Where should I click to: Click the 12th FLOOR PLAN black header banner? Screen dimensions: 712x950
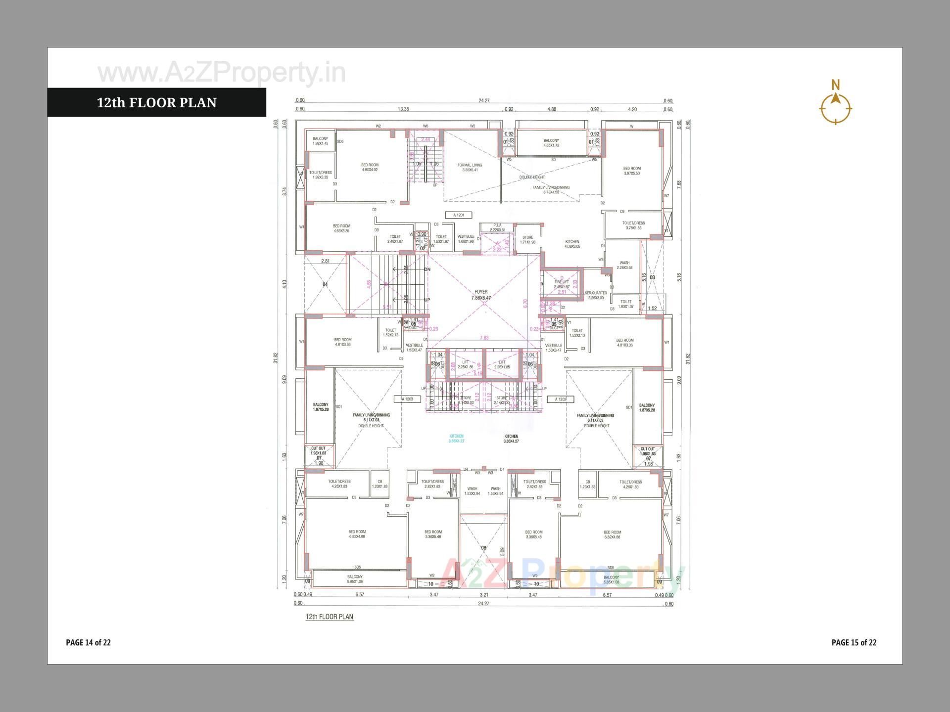[x=156, y=102]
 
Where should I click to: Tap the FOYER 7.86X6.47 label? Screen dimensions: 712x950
[x=480, y=295]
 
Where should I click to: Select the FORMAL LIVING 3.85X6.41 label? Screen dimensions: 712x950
[x=470, y=168]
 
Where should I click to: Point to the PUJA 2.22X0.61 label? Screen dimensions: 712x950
[x=497, y=227]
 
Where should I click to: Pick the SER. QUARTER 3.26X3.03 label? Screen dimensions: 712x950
[x=596, y=295]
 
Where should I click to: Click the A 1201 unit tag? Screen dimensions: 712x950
[x=459, y=215]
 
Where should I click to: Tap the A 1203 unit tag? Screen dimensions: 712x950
[x=407, y=399]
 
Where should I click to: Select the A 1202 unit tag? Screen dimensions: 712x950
[x=560, y=399]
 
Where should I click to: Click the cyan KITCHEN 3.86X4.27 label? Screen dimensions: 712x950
[x=456, y=439]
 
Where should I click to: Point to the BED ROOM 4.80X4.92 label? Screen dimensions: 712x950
[x=370, y=167]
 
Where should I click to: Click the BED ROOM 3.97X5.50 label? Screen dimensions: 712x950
[x=632, y=171]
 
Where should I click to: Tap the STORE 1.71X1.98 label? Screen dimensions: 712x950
[x=527, y=240]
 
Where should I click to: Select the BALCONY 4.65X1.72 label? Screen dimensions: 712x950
[x=551, y=143]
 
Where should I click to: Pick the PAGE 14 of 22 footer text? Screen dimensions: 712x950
[x=88, y=642]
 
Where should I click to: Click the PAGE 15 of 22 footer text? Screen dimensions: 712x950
[x=854, y=642]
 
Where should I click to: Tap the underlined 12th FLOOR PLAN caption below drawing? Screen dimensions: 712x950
[x=330, y=617]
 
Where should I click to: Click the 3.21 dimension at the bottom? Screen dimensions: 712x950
[x=484, y=595]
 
